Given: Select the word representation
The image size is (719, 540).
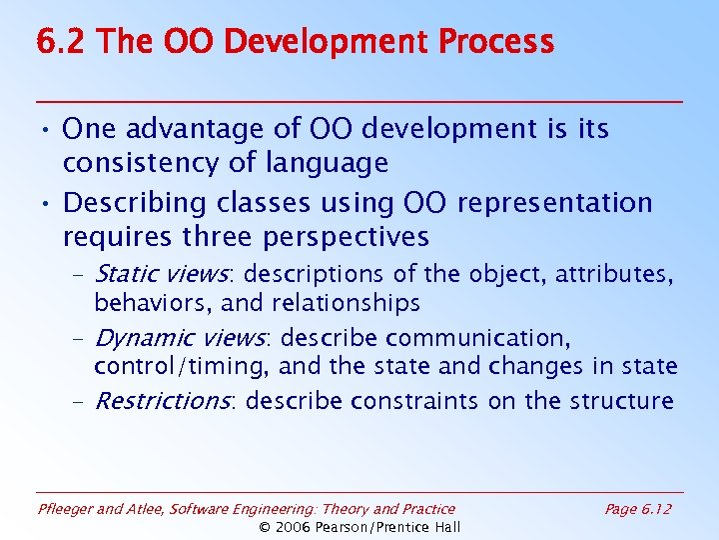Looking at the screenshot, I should [x=554, y=203].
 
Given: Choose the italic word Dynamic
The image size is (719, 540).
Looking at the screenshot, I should [x=140, y=338].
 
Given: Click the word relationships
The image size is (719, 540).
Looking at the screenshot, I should [x=350, y=302].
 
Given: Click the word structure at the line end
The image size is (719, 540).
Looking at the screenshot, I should [x=620, y=401].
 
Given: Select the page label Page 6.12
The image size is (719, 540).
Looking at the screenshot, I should [x=638, y=509].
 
